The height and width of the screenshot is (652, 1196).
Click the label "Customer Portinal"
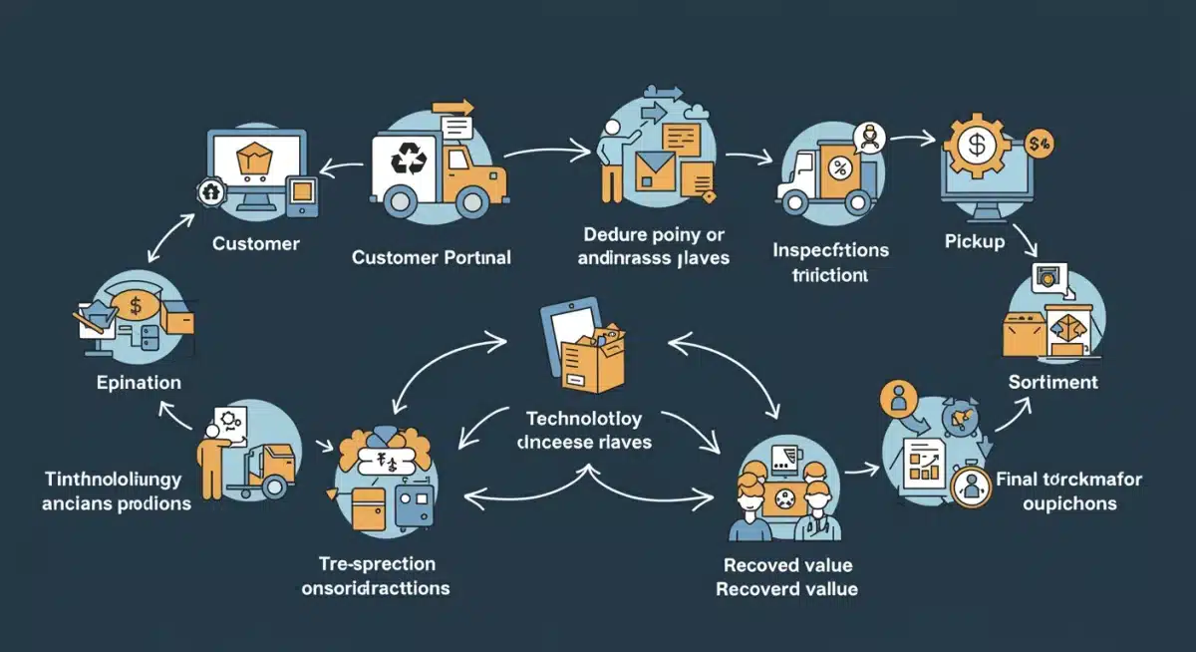click(x=431, y=257)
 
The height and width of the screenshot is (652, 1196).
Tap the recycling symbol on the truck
click(x=408, y=160)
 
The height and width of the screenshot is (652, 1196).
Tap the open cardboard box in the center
click(x=591, y=360)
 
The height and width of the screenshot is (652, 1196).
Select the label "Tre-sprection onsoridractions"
click(x=375, y=575)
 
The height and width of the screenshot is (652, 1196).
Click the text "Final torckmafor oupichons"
click(x=1068, y=491)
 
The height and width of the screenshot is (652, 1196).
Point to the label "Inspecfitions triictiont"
click(x=830, y=262)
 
